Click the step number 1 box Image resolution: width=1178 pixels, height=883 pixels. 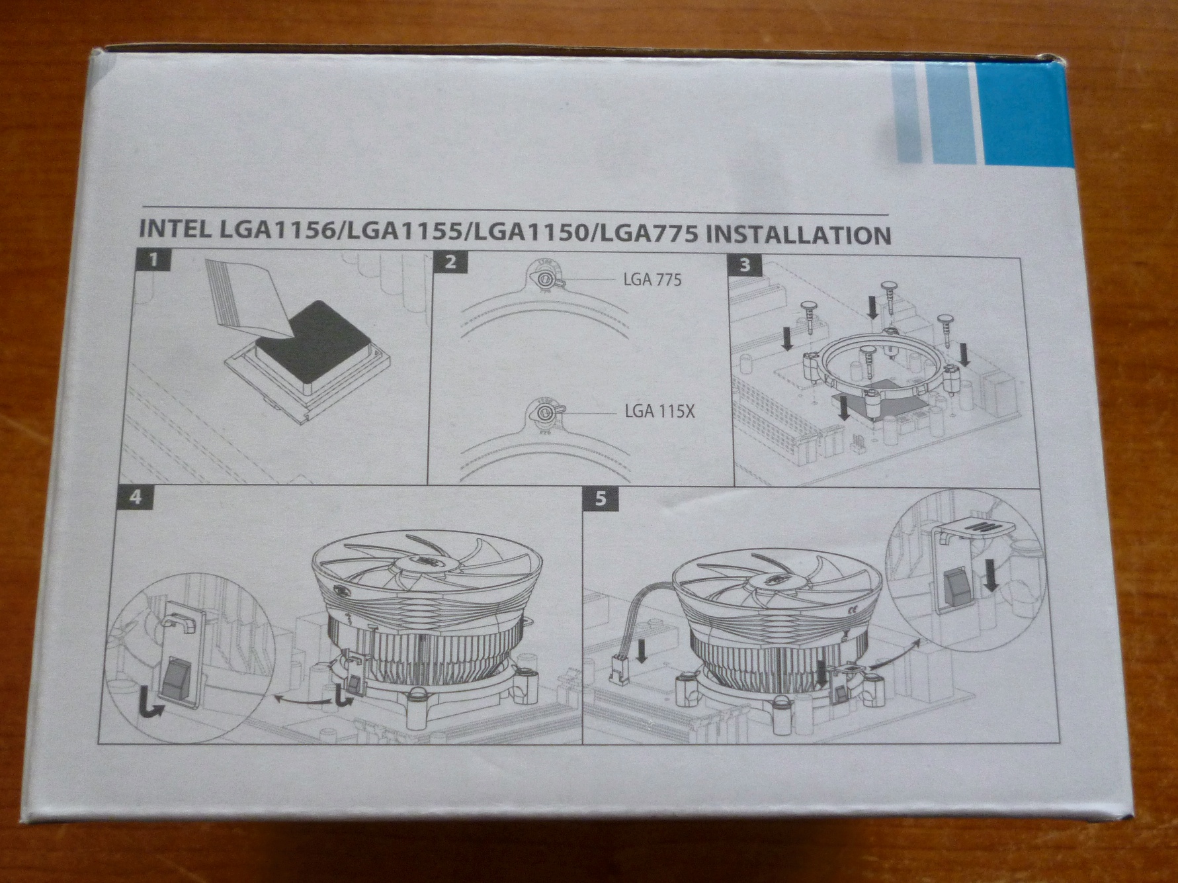click(154, 261)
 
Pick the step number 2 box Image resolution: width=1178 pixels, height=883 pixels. click(450, 261)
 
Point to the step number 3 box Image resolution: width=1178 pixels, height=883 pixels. click(745, 265)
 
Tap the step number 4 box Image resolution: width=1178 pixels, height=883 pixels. click(136, 496)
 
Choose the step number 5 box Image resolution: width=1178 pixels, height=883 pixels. click(600, 498)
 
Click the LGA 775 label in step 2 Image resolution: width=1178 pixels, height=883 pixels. click(652, 280)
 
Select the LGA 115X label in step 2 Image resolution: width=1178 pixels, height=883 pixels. click(659, 412)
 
